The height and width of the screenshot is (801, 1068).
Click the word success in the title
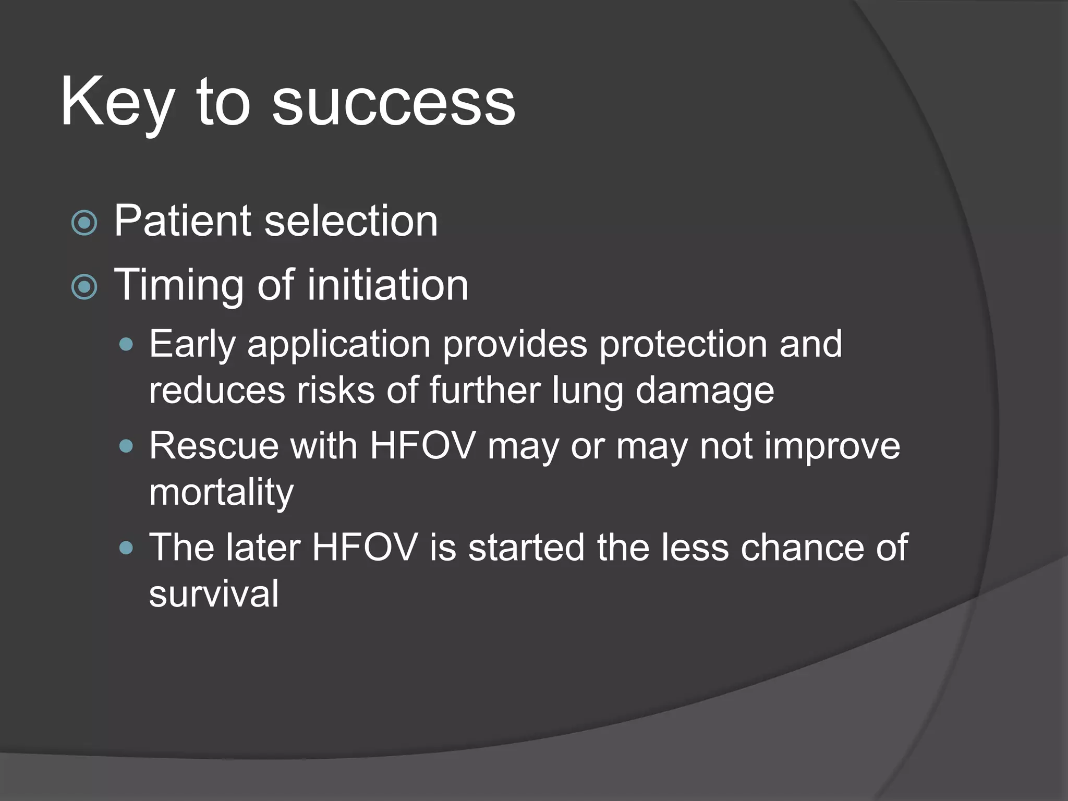pyautogui.click(x=393, y=103)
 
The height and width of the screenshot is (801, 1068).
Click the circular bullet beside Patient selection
pyautogui.click(x=84, y=223)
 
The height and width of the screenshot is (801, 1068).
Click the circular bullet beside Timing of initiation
pyautogui.click(x=84, y=287)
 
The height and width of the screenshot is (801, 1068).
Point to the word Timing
pyautogui.click(x=179, y=286)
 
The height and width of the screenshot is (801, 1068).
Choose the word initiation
pyautogui.click(x=387, y=285)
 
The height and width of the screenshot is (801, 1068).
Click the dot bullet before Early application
pyautogui.click(x=126, y=344)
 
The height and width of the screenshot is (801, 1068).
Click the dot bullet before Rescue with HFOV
pyautogui.click(x=126, y=446)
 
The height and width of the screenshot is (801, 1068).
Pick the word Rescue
pyautogui.click(x=213, y=446)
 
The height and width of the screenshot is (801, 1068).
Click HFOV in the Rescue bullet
pyautogui.click(x=422, y=446)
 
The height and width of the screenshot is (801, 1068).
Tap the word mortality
pyautogui.click(x=221, y=492)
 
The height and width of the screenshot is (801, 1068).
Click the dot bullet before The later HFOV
pyautogui.click(x=126, y=548)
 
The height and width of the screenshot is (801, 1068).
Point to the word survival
pyautogui.click(x=213, y=594)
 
